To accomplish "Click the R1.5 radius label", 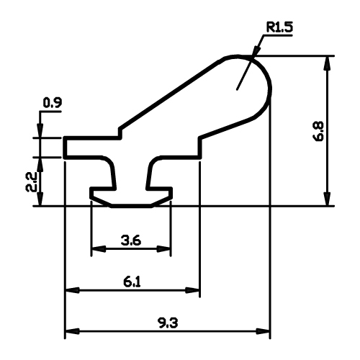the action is coord(279,27).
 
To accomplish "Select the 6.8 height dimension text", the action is coord(319,131).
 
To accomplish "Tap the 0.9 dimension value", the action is coord(53,103).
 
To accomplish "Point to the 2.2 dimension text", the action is coord(31,181).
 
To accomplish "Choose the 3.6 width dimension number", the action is coord(131,240).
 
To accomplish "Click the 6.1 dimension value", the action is coord(132,282).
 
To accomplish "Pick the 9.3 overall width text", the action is coord(168,323).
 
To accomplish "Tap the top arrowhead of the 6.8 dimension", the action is coord(328,63).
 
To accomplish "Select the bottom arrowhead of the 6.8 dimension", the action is coord(328,199).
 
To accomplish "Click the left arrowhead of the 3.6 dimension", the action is coord(99,249).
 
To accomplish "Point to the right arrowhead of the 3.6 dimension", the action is coord(163,249).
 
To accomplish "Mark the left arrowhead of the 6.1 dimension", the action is coord(73,290).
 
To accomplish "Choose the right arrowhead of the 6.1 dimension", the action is coord(193,290).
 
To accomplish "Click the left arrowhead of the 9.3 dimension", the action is coord(73,332).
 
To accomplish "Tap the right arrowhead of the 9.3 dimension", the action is coord(263,332).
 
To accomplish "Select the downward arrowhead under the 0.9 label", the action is coord(40,130).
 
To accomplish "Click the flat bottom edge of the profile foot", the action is coord(131,206).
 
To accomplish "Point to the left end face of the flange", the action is coord(65,148).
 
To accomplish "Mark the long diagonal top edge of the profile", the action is coord(172,92).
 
